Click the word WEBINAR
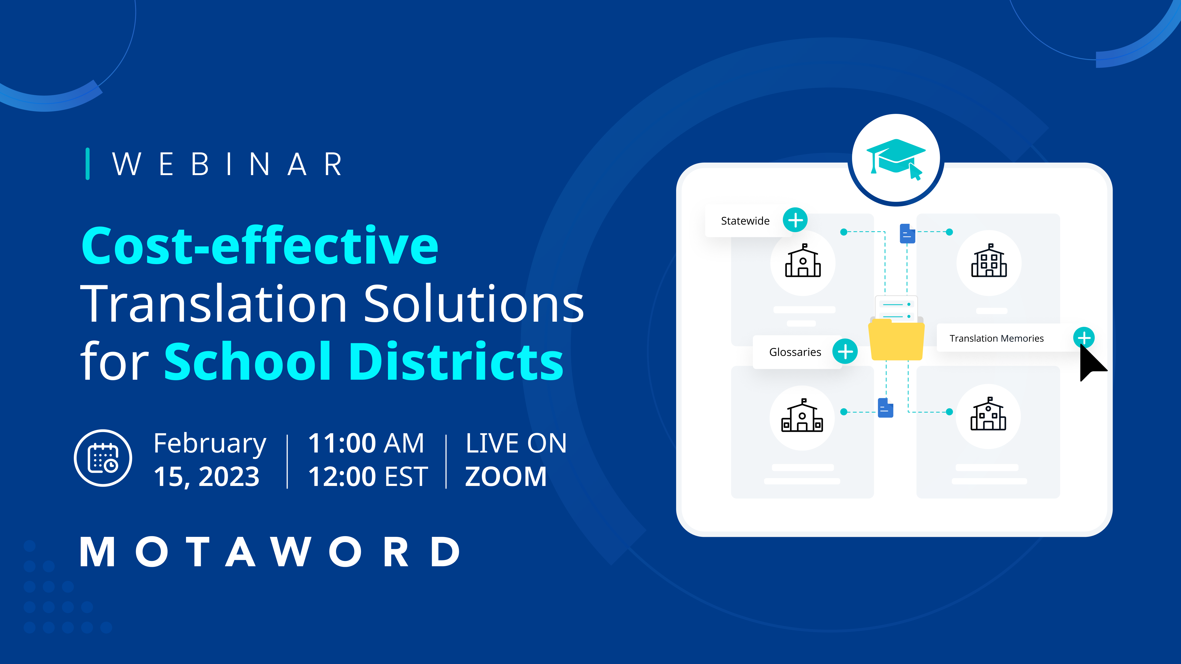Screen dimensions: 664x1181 coord(227,164)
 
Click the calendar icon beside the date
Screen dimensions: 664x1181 coord(103,458)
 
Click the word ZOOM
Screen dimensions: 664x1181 coord(506,477)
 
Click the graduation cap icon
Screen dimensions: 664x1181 coord(895,158)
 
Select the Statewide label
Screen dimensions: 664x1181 coord(745,221)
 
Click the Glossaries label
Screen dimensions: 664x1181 coord(795,352)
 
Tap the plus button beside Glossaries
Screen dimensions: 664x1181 coord(845,351)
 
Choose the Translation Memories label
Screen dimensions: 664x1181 coord(996,338)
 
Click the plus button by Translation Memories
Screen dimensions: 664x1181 coord(1084,338)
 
